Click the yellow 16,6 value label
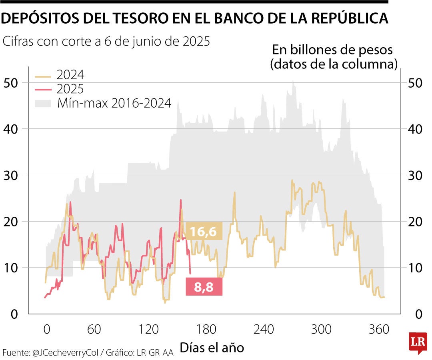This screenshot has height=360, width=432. click(x=204, y=231)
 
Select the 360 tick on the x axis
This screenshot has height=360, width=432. click(x=379, y=330)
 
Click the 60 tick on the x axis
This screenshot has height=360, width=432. click(x=94, y=330)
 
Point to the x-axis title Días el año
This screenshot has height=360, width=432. click(x=212, y=347)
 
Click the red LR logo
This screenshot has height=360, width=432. click(x=417, y=342)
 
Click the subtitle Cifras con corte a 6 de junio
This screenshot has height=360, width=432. click(x=106, y=41)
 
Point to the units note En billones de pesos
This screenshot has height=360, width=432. click(x=332, y=50)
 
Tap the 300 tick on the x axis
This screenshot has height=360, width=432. click(x=322, y=330)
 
